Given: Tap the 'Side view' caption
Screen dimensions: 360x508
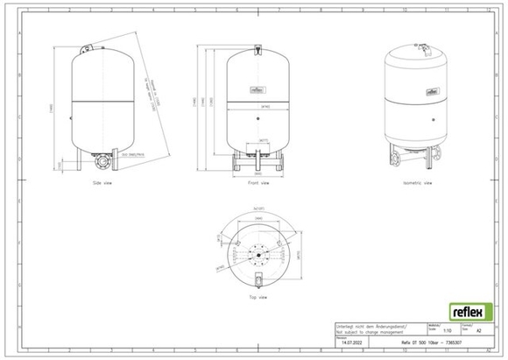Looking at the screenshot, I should [103, 184].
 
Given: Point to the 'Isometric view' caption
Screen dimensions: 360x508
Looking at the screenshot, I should [414, 184].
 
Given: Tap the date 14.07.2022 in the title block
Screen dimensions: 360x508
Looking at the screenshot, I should [351, 343].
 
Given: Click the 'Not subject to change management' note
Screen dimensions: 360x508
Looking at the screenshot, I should [368, 330].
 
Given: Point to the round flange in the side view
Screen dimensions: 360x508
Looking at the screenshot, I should [104, 162].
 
